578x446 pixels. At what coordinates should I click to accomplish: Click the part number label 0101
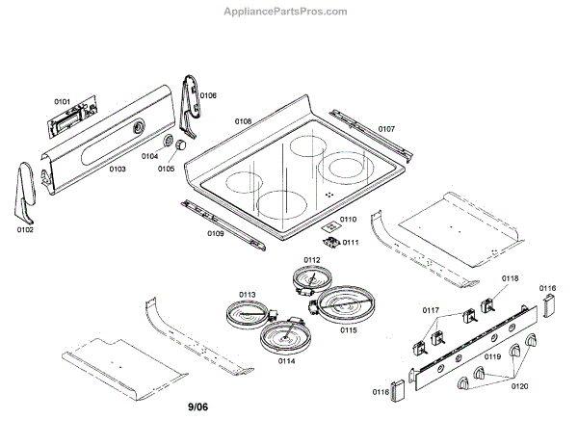[63, 100]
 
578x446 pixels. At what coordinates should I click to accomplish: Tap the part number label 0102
[25, 229]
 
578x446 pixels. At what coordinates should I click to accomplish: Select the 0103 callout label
[118, 169]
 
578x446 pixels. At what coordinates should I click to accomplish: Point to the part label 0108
[244, 121]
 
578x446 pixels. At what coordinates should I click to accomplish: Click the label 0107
[386, 128]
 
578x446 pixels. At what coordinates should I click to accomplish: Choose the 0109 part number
[217, 233]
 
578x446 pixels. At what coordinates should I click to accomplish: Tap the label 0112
[312, 260]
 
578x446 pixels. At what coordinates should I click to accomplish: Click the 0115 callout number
[348, 329]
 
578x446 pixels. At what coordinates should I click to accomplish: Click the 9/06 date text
[197, 408]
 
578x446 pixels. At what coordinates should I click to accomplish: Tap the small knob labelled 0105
[178, 145]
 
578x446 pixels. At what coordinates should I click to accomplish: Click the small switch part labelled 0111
[332, 241]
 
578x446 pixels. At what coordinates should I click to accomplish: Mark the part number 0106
[208, 95]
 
